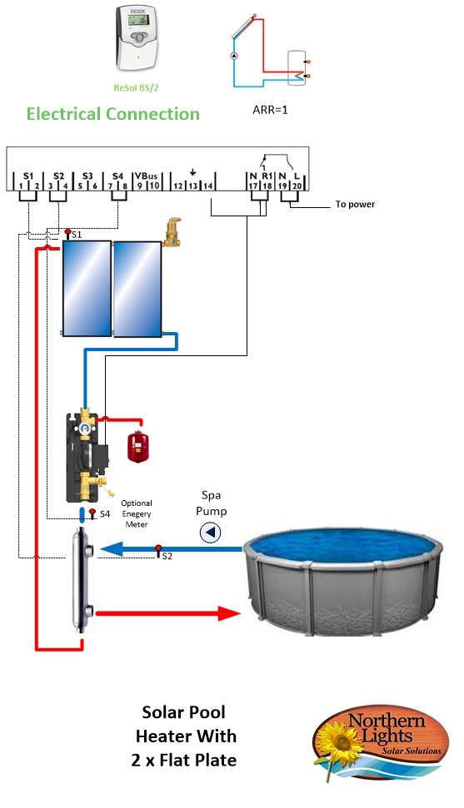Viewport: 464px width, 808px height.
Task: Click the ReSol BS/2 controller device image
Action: click(x=137, y=38)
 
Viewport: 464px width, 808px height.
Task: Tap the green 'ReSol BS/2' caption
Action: click(x=137, y=88)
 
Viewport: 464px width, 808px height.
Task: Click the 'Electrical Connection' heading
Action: click(x=113, y=114)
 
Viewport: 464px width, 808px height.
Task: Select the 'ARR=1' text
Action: click(x=270, y=110)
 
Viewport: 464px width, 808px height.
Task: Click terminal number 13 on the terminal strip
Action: click(x=192, y=186)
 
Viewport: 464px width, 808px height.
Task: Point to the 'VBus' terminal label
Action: click(x=146, y=176)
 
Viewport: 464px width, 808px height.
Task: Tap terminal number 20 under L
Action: click(x=297, y=186)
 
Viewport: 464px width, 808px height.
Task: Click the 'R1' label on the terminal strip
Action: click(x=267, y=176)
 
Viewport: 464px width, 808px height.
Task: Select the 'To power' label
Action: click(x=355, y=204)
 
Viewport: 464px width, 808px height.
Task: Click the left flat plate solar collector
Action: click(x=87, y=289)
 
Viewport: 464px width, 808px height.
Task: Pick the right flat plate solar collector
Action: click(x=137, y=289)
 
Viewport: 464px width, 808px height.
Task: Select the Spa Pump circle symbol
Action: click(x=211, y=533)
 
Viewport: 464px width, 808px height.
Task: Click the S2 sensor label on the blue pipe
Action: click(x=167, y=557)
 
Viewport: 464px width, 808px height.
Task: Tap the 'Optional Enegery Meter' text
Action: click(x=137, y=513)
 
